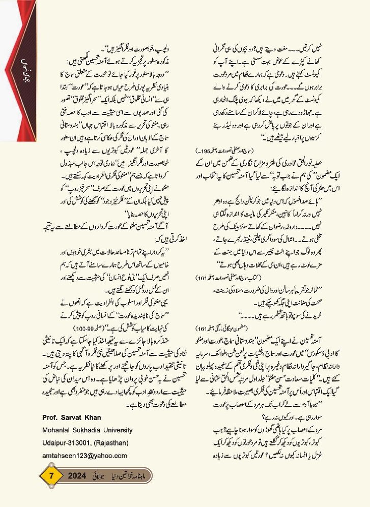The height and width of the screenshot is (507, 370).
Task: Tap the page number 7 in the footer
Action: tap(51, 478)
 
